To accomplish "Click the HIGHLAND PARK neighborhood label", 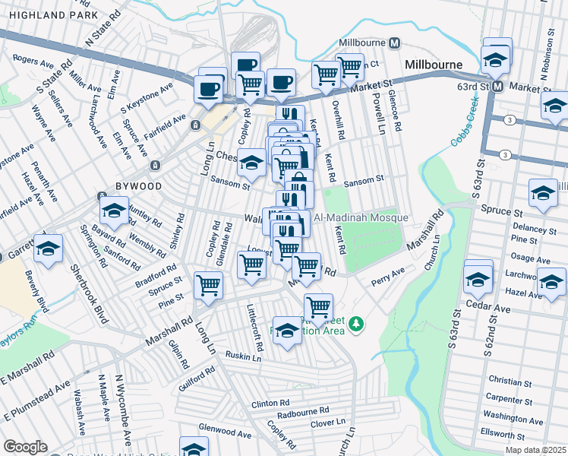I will pyautogui.click(x=49, y=15).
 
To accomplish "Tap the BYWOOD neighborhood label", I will pyautogui.click(x=138, y=185).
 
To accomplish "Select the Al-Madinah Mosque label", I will pyautogui.click(x=368, y=218).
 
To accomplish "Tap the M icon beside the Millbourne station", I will pyautogui.click(x=394, y=43).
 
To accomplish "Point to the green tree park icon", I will pyautogui.click(x=355, y=325).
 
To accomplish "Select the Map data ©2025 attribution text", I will pyautogui.click(x=536, y=450).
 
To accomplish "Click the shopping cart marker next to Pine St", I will pyautogui.click(x=208, y=286).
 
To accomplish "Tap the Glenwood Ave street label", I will pyautogui.click(x=224, y=431).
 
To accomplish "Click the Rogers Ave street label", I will pyautogui.click(x=30, y=59).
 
